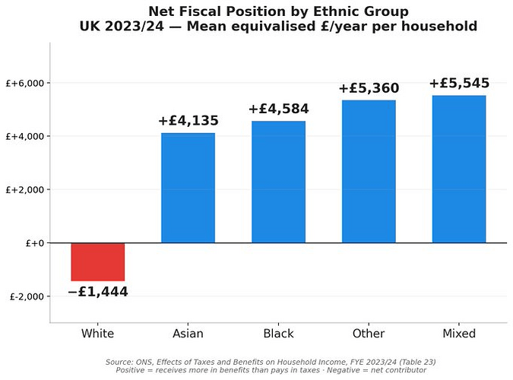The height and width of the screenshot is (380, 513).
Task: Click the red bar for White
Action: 97,261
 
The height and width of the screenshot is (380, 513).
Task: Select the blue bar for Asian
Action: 188,188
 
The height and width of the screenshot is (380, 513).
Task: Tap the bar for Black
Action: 278,182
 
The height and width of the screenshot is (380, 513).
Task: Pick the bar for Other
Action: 369,171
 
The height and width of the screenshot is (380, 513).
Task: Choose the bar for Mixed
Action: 459,169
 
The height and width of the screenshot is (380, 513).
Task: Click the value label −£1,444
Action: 97,292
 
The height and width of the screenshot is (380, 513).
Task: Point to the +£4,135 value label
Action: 188,121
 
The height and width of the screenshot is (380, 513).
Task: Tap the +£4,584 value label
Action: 278,109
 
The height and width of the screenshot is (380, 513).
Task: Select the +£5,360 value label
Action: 369,89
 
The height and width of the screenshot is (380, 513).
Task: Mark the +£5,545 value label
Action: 459,84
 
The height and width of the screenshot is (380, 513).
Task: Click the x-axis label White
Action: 97,334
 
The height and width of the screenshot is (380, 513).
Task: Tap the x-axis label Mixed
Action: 459,334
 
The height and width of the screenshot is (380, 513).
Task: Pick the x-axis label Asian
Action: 188,334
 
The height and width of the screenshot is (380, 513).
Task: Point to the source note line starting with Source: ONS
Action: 271,362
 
